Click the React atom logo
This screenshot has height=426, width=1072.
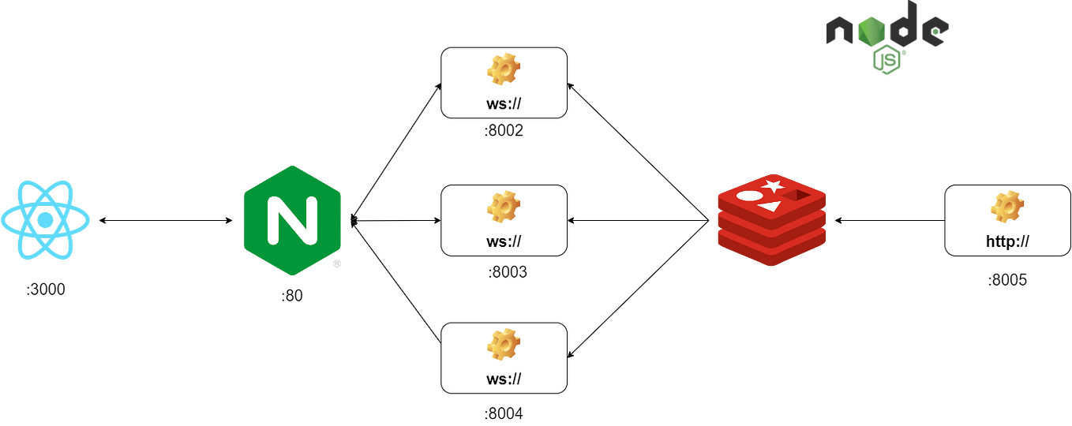coord(47,219)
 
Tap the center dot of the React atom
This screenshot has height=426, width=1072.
coord(47,219)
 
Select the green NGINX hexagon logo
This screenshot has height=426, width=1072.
coord(291,220)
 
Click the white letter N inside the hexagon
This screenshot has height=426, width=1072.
coord(291,220)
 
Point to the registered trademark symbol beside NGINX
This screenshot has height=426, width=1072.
coord(336,264)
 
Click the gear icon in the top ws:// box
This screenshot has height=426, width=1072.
coord(503,70)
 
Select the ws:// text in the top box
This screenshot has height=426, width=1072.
coord(504,104)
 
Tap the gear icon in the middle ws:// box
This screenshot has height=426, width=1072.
coord(503,207)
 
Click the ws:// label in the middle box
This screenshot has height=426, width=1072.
coord(504,241)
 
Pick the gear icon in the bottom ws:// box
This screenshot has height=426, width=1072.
coord(503,345)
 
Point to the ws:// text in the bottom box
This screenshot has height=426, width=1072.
coord(504,379)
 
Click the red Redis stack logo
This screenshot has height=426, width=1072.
coord(770,219)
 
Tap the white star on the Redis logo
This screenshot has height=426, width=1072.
coord(773,187)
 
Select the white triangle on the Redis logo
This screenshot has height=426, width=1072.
coord(769,207)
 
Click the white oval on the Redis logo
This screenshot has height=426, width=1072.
coord(748,195)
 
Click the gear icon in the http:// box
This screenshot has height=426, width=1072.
coord(1006,207)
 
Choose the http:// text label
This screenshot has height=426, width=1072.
coord(1007,241)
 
